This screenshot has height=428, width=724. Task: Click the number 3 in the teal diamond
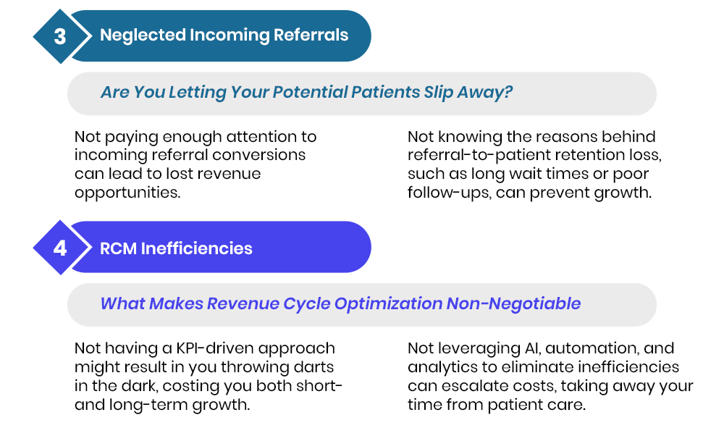(x=60, y=36)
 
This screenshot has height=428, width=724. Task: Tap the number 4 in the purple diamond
(x=60, y=248)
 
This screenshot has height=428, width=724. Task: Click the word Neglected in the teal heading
(x=143, y=35)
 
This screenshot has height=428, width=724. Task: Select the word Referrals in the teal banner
(x=311, y=35)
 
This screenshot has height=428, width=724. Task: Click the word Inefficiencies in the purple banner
(x=197, y=248)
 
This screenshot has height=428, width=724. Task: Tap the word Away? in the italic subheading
(x=485, y=92)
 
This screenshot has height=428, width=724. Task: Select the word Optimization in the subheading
(x=388, y=303)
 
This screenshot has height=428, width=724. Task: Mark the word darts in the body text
(x=313, y=367)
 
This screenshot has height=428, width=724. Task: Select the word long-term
(x=148, y=405)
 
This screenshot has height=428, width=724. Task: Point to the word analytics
(x=443, y=367)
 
